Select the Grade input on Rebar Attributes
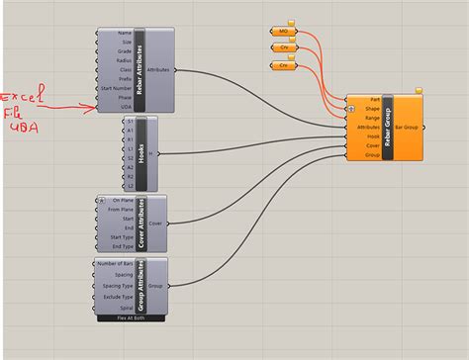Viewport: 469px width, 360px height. coord(125,51)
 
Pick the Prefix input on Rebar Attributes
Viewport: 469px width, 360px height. coord(125,80)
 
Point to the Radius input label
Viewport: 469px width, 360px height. coord(125,61)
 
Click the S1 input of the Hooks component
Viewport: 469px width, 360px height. coord(129,122)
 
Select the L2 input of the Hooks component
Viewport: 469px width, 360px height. coord(129,185)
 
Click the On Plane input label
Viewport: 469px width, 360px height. coord(122,200)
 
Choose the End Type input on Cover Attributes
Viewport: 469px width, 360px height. coord(120,247)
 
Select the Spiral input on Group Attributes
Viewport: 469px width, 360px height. coord(126,309)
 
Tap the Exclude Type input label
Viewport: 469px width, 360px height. coord(117,297)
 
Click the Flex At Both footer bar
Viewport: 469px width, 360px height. coord(133,318)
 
